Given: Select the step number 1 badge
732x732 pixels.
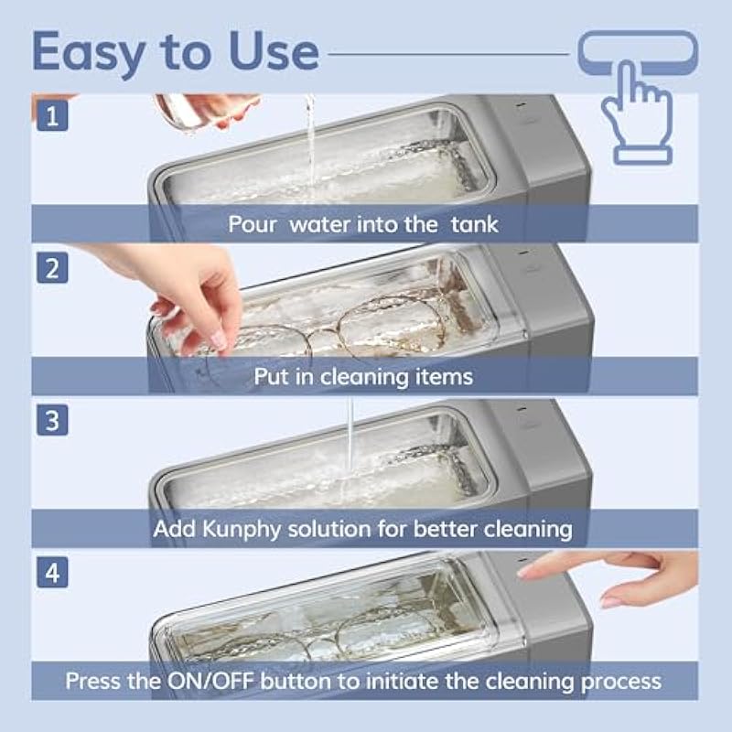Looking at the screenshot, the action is coord(52,116).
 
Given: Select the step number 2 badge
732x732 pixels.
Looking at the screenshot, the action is coord(52,268).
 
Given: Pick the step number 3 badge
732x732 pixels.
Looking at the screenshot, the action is coord(52,420).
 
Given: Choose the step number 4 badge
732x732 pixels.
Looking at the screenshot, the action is coord(52,573).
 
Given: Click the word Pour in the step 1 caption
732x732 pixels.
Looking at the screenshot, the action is coord(253,224).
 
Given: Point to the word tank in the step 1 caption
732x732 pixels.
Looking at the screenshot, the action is coord(475,224).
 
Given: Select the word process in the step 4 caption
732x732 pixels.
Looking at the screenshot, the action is coord(621,683).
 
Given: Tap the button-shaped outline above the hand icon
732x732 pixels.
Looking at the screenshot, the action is coord(638,52).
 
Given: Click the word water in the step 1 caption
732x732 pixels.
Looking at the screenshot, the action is coord(319,225).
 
